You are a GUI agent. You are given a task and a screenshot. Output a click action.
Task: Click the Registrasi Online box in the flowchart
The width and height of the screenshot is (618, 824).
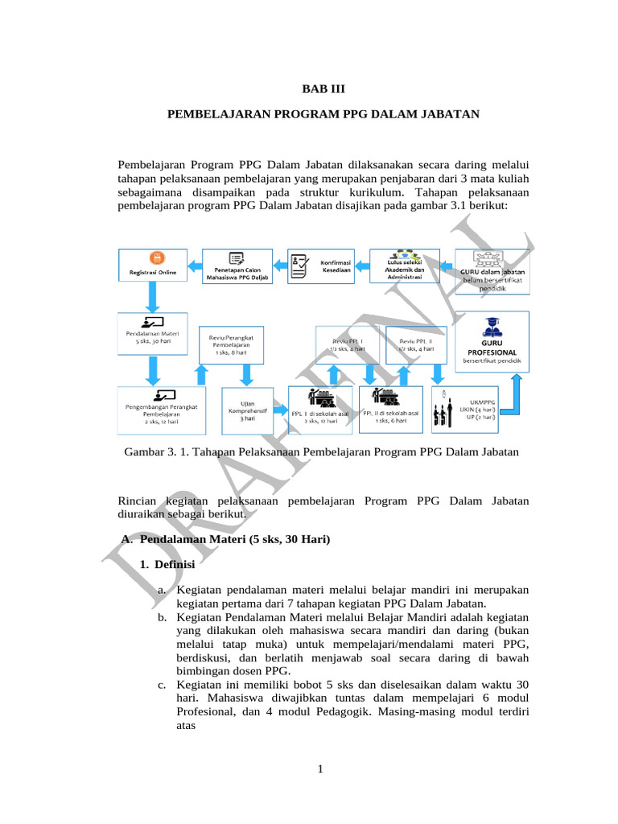pyautogui.click(x=153, y=266)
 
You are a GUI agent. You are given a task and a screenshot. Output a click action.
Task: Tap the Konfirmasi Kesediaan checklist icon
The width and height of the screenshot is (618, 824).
pyautogui.click(x=299, y=265)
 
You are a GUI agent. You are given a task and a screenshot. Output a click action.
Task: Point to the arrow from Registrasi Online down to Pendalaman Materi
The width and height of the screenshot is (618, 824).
pyautogui.click(x=153, y=299)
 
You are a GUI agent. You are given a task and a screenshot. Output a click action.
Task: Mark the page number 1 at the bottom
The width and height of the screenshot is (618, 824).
pyautogui.click(x=319, y=773)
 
